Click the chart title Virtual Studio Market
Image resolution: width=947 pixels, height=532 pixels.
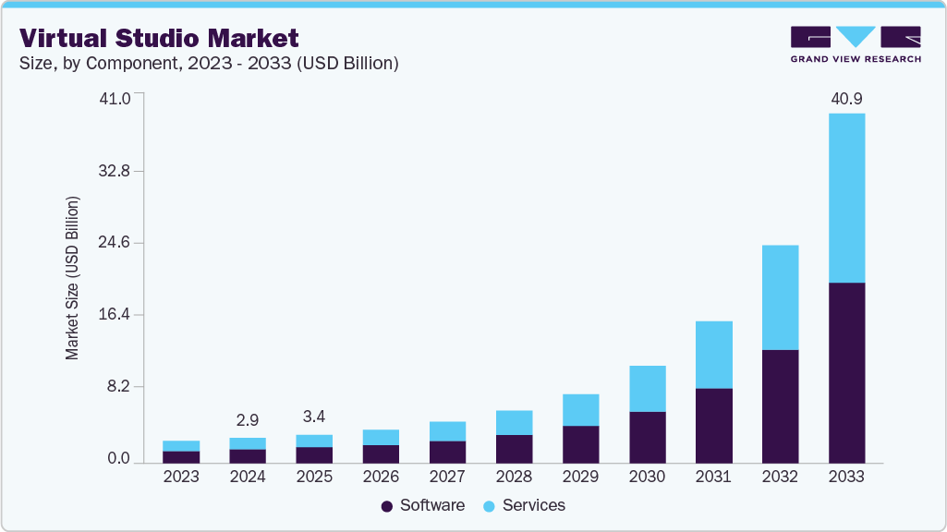[x=159, y=38]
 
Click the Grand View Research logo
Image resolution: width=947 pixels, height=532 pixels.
[x=855, y=44]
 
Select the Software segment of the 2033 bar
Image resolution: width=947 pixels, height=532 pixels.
[x=846, y=372]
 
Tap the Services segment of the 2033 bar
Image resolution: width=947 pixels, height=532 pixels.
[x=846, y=198]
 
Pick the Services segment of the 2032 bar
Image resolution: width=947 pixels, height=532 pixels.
[x=780, y=297]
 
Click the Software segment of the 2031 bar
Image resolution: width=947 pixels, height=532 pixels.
[x=713, y=425]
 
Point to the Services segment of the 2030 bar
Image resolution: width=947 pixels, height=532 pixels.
[x=647, y=388]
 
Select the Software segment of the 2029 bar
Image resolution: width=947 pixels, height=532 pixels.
[x=580, y=443]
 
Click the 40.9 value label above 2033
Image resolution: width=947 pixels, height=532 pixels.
[x=846, y=98]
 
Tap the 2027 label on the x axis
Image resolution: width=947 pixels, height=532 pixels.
[x=447, y=478]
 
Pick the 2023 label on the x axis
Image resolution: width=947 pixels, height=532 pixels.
[x=181, y=478]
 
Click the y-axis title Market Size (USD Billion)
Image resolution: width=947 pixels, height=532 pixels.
[x=72, y=278]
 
